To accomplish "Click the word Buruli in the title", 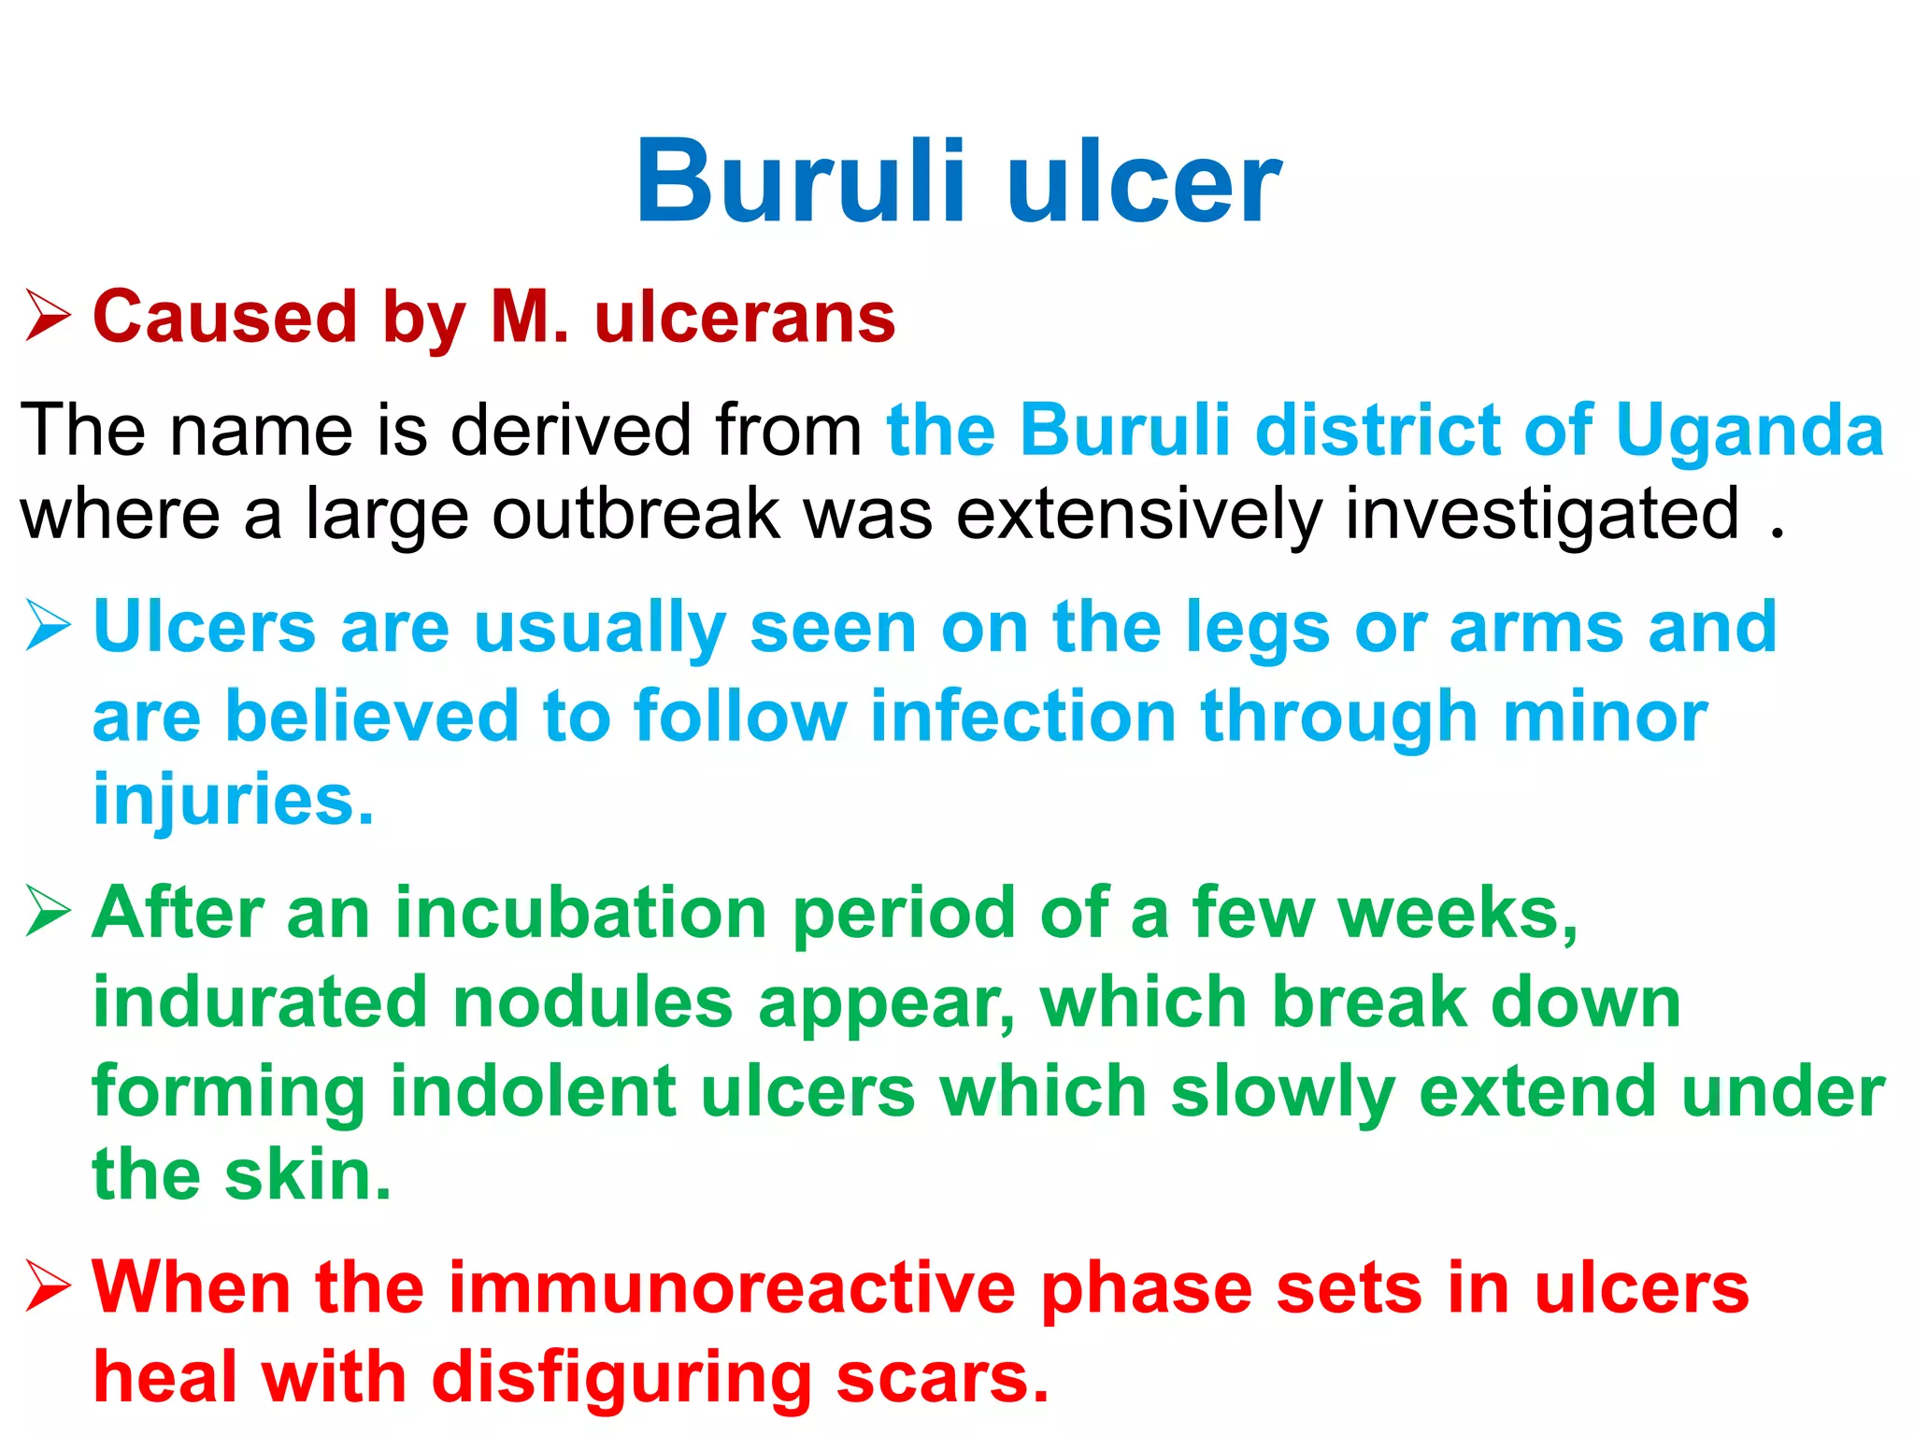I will [x=800, y=182].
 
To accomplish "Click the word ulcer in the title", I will [x=1144, y=182].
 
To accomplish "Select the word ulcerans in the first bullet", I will [x=745, y=318].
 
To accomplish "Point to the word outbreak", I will [x=636, y=514].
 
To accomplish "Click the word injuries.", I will [x=233, y=802].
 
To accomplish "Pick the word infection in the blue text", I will [x=1022, y=717].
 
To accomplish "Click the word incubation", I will [x=580, y=913].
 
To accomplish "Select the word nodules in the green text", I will [x=593, y=1002].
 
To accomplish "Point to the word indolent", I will [x=533, y=1091].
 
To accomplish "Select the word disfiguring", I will [x=621, y=1379].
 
